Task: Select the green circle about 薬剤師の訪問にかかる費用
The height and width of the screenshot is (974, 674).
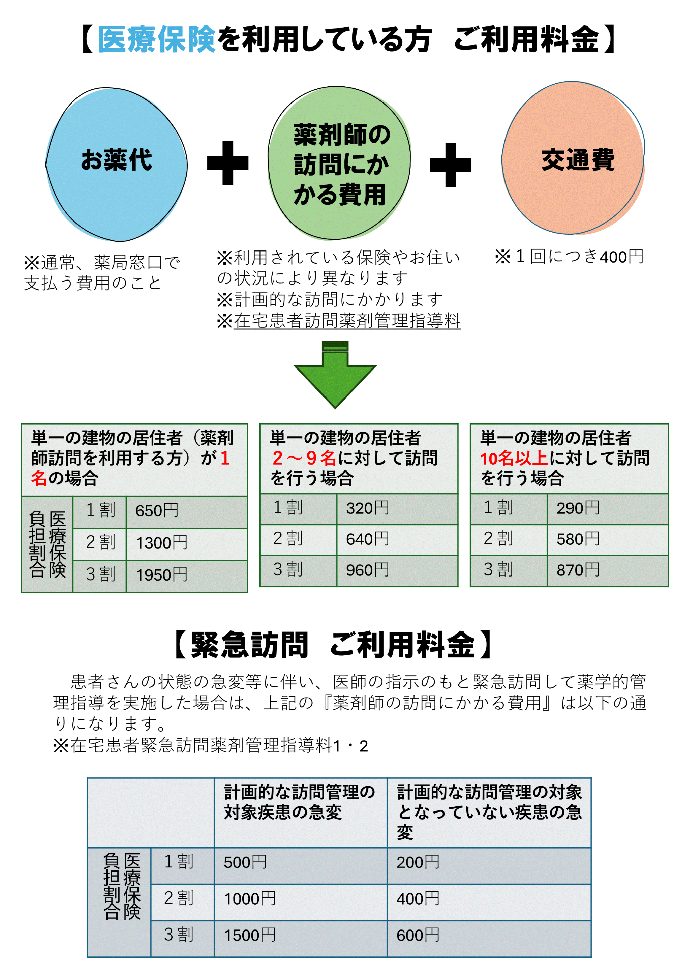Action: click(340, 163)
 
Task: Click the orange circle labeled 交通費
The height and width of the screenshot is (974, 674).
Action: click(573, 158)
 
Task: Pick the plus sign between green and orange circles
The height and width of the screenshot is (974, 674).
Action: click(451, 165)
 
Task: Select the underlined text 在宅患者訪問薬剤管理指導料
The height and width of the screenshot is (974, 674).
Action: click(347, 320)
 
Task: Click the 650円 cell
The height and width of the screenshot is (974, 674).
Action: click(187, 512)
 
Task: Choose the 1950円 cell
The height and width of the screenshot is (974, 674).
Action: click(187, 576)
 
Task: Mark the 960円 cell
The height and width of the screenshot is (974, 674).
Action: click(397, 571)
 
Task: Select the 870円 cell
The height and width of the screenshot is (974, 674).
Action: click(607, 571)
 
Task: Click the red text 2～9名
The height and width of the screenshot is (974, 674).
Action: click(304, 458)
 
